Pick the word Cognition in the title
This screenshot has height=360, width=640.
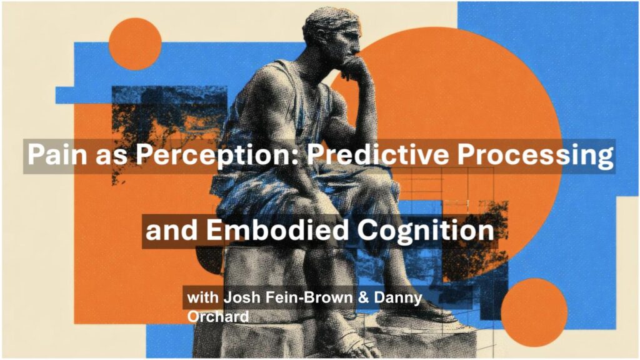pos(426,231)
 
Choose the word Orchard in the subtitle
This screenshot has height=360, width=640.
pos(218,316)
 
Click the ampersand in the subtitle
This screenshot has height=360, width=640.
pos(363,297)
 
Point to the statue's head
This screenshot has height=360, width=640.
pos(332,35)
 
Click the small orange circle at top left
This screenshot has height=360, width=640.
pos(135,44)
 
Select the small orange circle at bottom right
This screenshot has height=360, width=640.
pos(534,312)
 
